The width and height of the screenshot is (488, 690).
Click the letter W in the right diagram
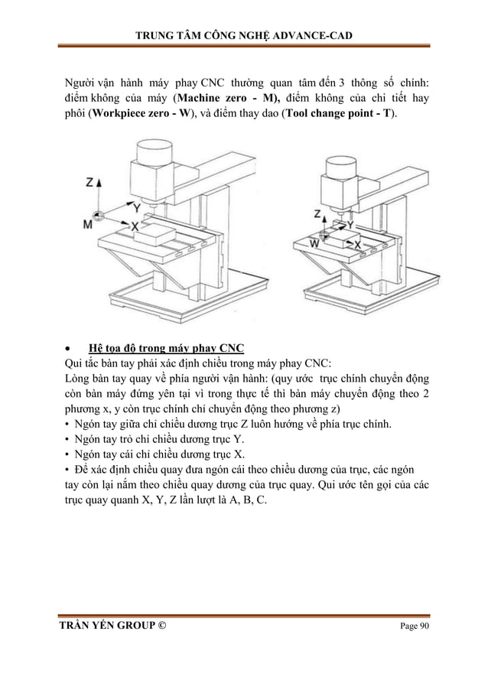[x=314, y=243]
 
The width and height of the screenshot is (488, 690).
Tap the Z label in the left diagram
[x=89, y=183]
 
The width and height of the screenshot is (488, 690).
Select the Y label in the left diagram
[x=135, y=207]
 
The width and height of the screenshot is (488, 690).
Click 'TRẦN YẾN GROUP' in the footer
[x=104, y=627]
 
